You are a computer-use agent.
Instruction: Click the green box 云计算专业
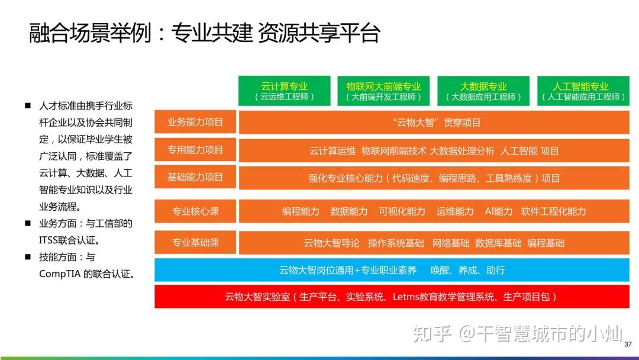tap(284, 91)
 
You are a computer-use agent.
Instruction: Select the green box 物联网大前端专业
tap(383, 91)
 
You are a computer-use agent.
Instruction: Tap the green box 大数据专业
tap(483, 91)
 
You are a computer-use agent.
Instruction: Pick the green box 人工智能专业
tap(583, 91)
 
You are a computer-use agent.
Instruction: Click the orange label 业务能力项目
tap(195, 122)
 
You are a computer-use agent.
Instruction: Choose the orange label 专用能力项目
tap(195, 150)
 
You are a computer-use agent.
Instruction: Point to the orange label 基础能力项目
tap(195, 177)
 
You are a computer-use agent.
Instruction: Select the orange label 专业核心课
tap(195, 211)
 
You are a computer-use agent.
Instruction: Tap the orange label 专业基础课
tap(195, 243)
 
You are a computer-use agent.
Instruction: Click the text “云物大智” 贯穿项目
tap(437, 123)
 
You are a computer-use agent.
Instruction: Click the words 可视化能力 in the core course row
tap(402, 211)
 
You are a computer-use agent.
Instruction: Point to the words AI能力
tap(498, 211)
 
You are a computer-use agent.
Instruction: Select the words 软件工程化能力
tap(553, 211)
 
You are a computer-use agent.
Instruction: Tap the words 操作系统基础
tap(396, 243)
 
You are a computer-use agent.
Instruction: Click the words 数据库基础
tap(498, 243)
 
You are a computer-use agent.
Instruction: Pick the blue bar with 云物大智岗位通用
tap(392, 270)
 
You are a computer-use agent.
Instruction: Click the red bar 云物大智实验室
tap(392, 297)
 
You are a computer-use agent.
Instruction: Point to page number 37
tap(628, 345)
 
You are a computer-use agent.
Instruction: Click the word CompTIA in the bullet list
tap(60, 274)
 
